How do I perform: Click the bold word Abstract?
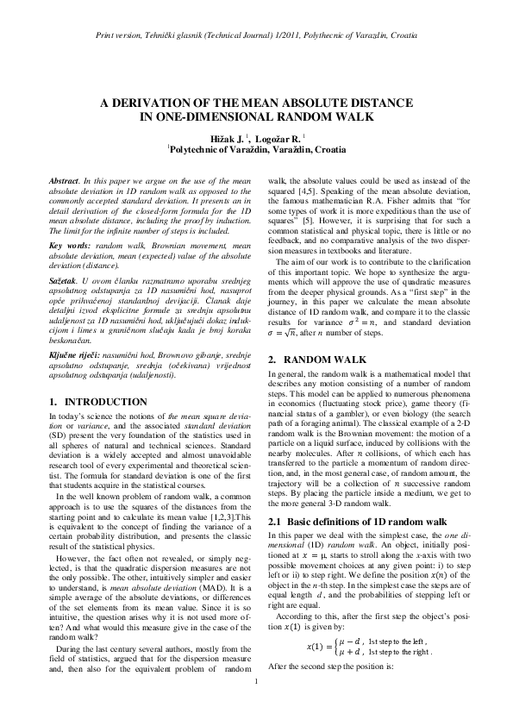coord(64,180)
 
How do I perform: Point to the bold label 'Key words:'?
coord(69,246)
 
